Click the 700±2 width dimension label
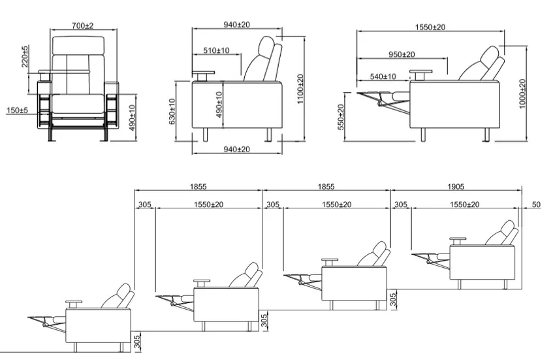point(82,25)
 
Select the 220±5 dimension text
point(25,56)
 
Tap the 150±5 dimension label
point(17,110)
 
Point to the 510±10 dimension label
point(216,50)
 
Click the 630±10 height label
point(172,112)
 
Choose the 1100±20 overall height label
point(300,89)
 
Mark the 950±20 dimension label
point(402,54)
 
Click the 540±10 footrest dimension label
point(383,76)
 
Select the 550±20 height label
point(341,117)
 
